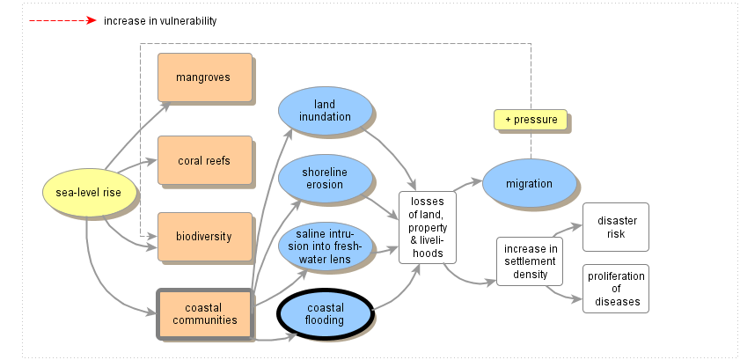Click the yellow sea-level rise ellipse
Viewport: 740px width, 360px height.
tap(88, 194)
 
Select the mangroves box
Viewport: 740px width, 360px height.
tap(204, 77)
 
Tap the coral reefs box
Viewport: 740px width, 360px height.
tap(204, 160)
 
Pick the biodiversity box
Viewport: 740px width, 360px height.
tap(204, 236)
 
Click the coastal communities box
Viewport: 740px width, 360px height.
tap(205, 313)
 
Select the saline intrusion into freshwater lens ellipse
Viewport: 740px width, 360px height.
tap(325, 247)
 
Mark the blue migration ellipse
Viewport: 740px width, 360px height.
tap(530, 184)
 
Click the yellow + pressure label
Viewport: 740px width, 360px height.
tap(531, 120)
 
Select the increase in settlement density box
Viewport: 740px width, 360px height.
tap(531, 261)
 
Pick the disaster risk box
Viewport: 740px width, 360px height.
tap(616, 226)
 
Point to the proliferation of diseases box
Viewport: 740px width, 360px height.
tap(616, 288)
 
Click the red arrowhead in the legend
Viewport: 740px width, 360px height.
tap(91, 20)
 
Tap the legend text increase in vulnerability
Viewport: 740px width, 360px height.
tap(159, 20)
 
